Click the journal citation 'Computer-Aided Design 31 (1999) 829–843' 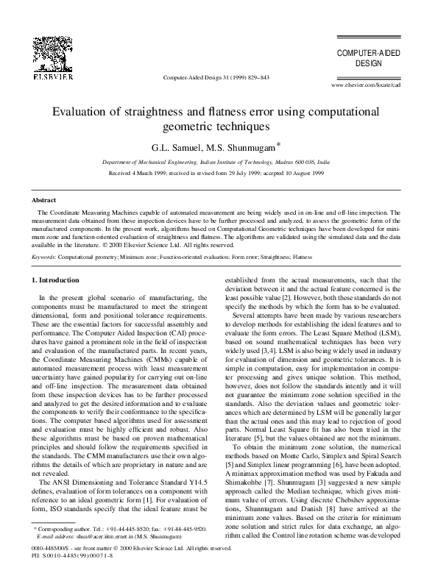coord(216,77)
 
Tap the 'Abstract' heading coord(45,200)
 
